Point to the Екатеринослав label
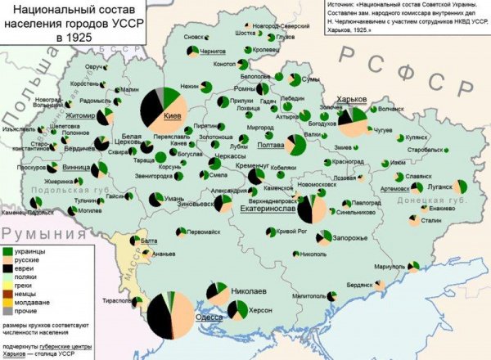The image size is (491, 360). tap(268, 209)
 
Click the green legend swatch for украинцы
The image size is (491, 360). tap(8, 250)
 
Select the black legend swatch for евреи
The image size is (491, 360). tap(8, 268)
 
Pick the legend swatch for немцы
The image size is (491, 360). tap(8, 295)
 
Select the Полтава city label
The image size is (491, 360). tap(269, 144)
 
